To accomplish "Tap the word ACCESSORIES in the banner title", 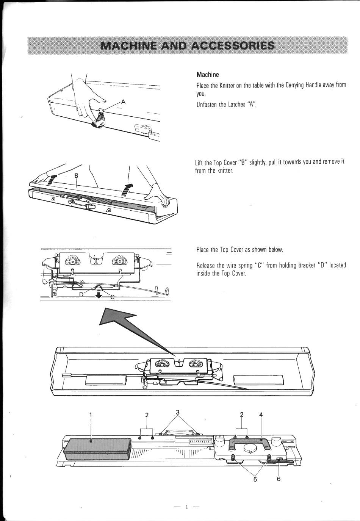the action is pos(232,45).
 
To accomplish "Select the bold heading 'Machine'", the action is pos(208,75).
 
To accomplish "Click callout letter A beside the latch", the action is pos(123,102).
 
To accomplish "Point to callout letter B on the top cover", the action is pos(76,175).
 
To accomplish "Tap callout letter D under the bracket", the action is pos(81,294).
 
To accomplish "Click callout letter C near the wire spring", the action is pos(113,297).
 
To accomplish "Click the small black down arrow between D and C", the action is pos(99,294).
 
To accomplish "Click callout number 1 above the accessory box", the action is pos(91,415).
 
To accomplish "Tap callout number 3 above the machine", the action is pos(178,412).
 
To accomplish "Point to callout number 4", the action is pos(261,415).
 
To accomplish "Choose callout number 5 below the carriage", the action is pos(255,479).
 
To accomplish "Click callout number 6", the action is pos(279,479).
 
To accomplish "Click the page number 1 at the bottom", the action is pos(186,507).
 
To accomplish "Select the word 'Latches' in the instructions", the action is pos(238,105).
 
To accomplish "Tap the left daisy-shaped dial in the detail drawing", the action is pos(73,261).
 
